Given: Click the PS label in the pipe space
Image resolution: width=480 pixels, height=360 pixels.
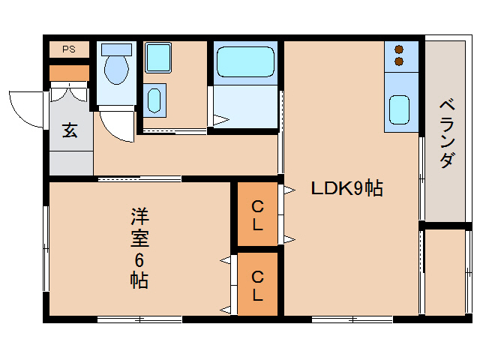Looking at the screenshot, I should [69, 49].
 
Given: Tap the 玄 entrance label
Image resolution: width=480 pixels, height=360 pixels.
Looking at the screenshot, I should [70, 130].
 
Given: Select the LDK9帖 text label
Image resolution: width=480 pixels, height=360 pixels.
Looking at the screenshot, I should [347, 189].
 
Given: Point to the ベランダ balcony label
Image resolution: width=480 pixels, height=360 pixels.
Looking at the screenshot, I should [447, 133].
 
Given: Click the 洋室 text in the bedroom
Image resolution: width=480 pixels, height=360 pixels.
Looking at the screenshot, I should [139, 229].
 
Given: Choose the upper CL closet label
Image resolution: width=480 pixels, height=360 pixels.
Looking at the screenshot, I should [257, 214].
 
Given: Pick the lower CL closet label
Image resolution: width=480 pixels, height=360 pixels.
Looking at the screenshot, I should [257, 285].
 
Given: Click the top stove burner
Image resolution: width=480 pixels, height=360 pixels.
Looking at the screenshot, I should [398, 48].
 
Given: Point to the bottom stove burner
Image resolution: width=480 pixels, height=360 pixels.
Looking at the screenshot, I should [398, 61].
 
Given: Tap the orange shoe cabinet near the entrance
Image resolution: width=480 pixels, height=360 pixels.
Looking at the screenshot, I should [69, 73].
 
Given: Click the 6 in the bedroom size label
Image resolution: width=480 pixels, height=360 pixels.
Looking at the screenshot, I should [139, 260].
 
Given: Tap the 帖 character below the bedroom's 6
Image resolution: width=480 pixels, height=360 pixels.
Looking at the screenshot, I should [139, 280].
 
